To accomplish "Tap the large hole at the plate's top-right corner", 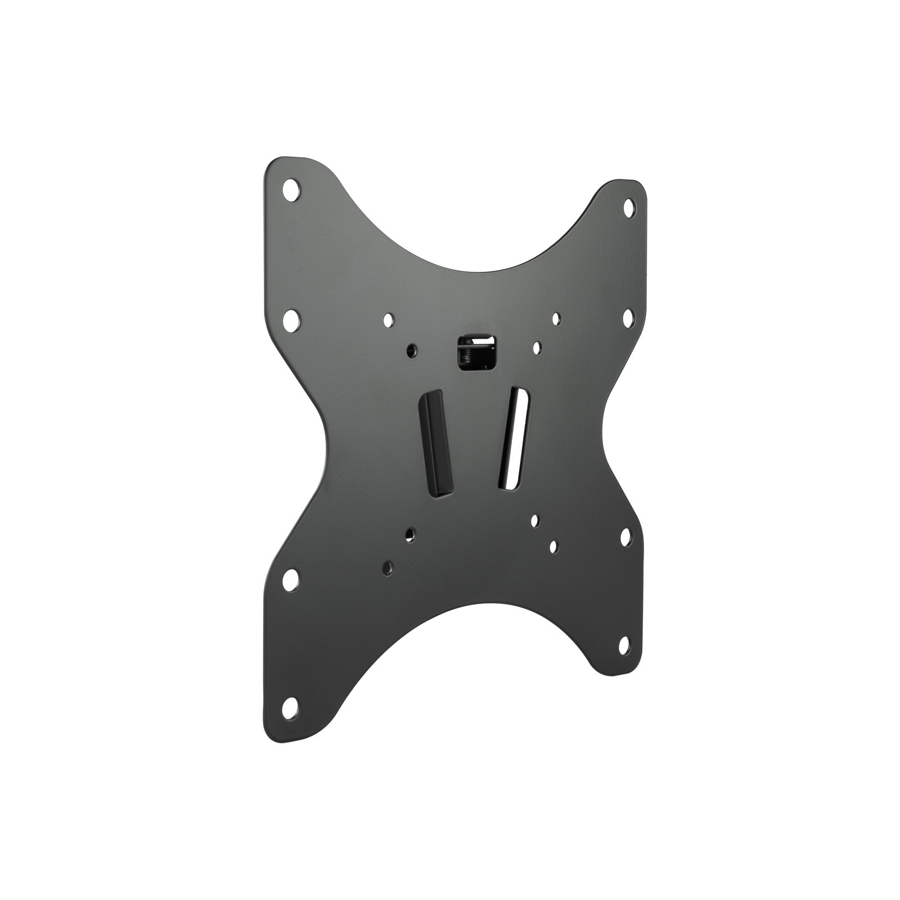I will (628, 206).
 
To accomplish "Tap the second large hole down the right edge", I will (628, 317).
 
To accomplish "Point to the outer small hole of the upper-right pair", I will (556, 319).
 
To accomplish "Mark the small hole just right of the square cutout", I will (537, 347).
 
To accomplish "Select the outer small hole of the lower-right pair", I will (553, 546).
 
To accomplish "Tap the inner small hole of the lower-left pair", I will (411, 533).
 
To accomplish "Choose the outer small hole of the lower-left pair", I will (388, 566).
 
